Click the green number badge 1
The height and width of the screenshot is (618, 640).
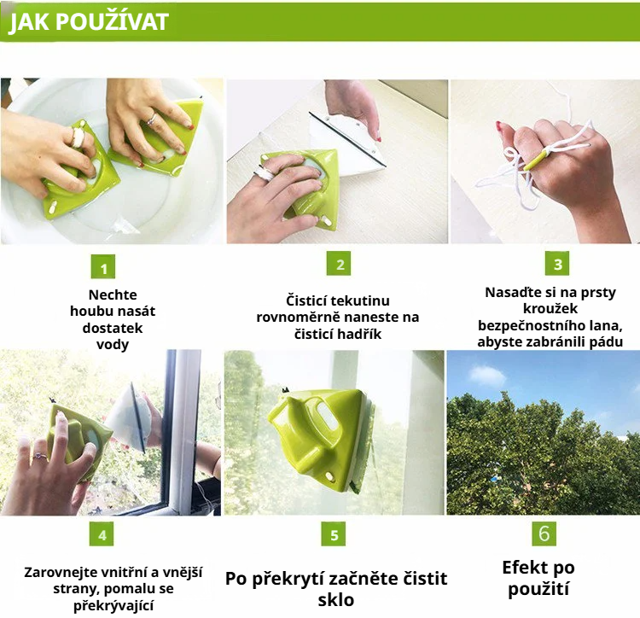(102, 269)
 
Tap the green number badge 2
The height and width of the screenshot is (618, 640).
(340, 265)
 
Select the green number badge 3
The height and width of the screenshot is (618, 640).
(556, 264)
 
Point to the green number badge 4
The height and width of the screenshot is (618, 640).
(102, 535)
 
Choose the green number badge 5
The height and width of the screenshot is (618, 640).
(334, 535)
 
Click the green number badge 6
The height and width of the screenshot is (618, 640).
(544, 533)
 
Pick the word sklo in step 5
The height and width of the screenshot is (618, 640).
(335, 599)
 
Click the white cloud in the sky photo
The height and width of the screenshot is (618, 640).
(487, 374)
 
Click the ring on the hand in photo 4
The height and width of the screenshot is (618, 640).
(38, 456)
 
